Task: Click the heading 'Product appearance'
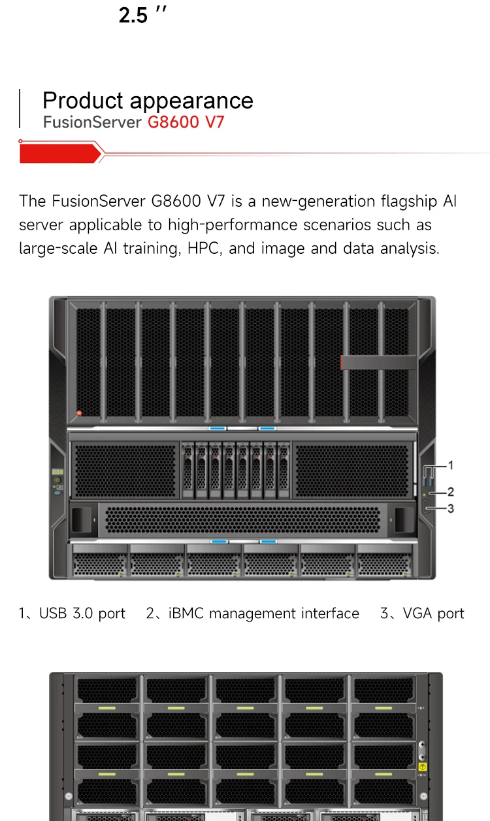[148, 101]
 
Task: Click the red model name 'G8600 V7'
[186, 122]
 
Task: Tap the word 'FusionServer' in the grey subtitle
[92, 122]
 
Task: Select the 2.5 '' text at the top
[143, 14]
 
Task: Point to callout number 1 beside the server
[451, 465]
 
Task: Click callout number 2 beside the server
[451, 491]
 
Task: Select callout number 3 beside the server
[451, 508]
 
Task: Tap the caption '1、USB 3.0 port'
[73, 614]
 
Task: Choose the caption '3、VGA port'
[422, 614]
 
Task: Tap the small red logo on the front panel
[80, 413]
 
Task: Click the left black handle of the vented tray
[83, 519]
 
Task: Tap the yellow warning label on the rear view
[422, 766]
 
